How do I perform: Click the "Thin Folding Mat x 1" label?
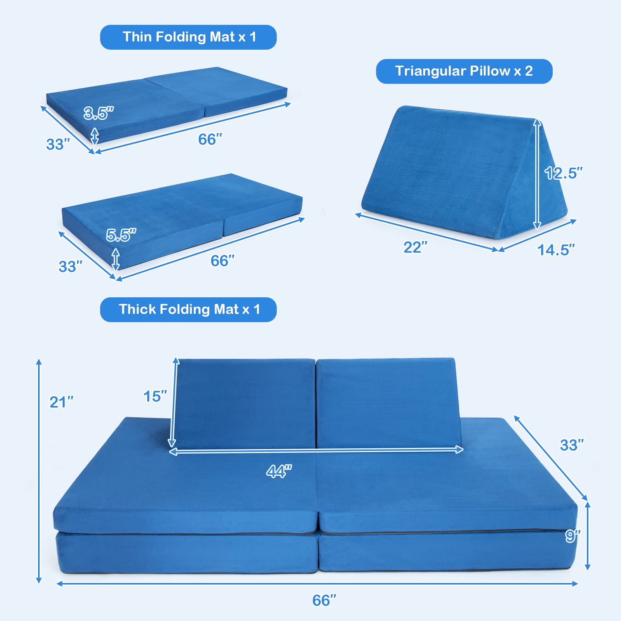tap(189, 37)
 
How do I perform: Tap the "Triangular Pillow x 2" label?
tap(464, 71)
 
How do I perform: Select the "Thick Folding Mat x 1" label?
tap(189, 310)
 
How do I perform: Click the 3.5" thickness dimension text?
tap(99, 113)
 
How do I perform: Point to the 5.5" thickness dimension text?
tap(121, 235)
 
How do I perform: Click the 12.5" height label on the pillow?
tap(563, 173)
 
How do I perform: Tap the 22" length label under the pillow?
tap(415, 247)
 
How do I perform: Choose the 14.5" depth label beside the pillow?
tap(556, 250)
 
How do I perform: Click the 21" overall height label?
tap(61, 402)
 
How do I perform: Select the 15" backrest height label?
tap(155, 396)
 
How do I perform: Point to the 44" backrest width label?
tap(279, 471)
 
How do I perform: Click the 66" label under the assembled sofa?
tap(324, 600)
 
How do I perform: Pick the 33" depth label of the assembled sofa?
tap(572, 445)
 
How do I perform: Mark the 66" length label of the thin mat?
tap(210, 139)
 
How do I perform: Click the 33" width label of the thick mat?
tap(70, 267)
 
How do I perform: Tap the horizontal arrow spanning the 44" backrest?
tap(316, 450)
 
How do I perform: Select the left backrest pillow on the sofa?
tap(245, 404)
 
